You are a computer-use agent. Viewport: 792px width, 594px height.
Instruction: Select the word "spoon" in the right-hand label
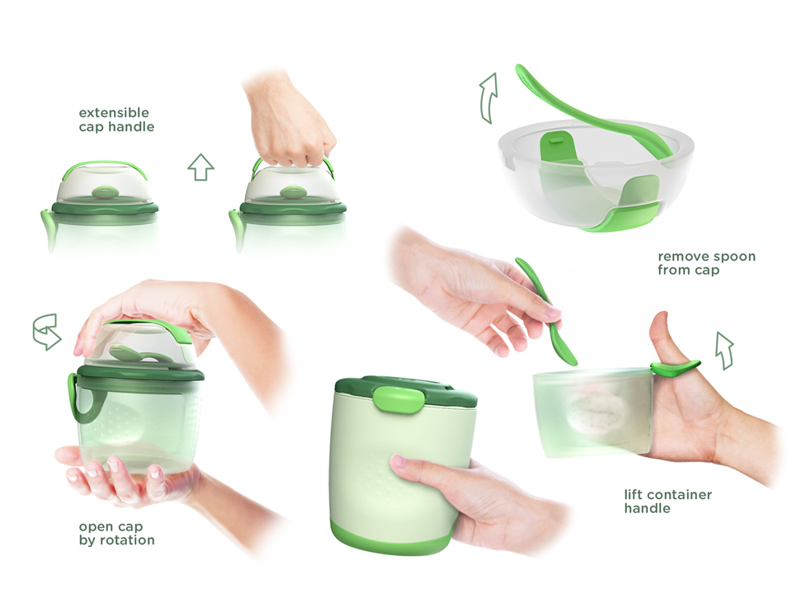coord(737,257)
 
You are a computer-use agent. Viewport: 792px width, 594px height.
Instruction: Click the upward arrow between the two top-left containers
coord(201,167)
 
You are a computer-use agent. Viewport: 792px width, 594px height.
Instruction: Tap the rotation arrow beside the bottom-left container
coord(47,332)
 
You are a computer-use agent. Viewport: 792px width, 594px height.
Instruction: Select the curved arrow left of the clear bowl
coord(488,97)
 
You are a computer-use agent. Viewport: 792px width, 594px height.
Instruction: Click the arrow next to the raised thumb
coord(725,351)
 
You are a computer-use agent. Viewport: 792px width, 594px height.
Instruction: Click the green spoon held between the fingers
coord(548,311)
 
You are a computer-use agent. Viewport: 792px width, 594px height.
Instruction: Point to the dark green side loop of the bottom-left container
coord(83,399)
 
